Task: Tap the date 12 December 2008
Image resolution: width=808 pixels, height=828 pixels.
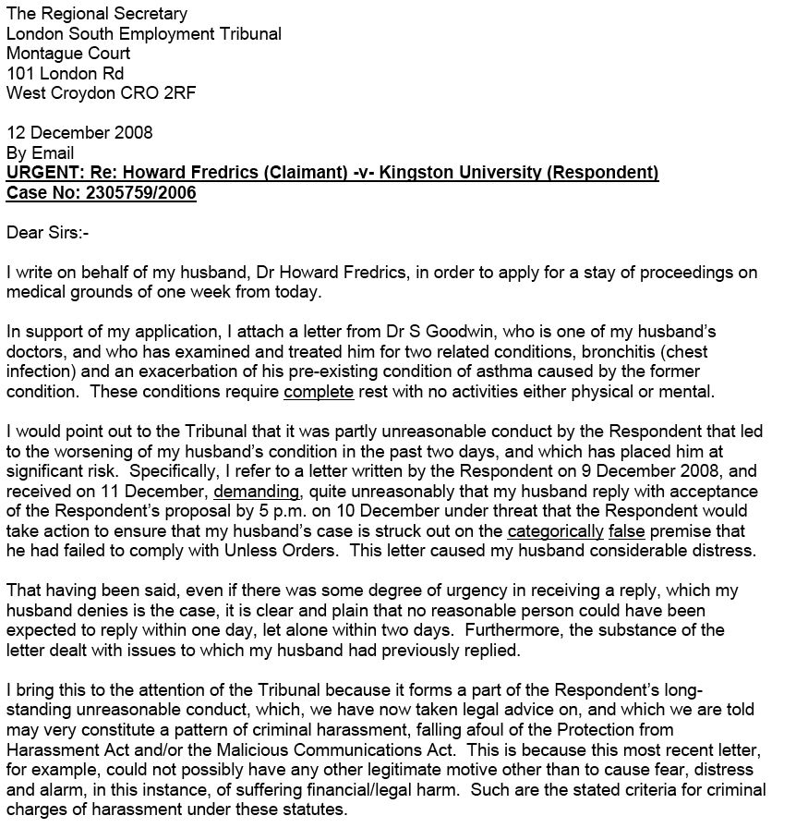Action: (x=79, y=132)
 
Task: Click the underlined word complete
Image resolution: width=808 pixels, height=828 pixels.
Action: (x=319, y=392)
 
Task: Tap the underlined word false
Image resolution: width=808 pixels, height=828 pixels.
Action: (x=625, y=531)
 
